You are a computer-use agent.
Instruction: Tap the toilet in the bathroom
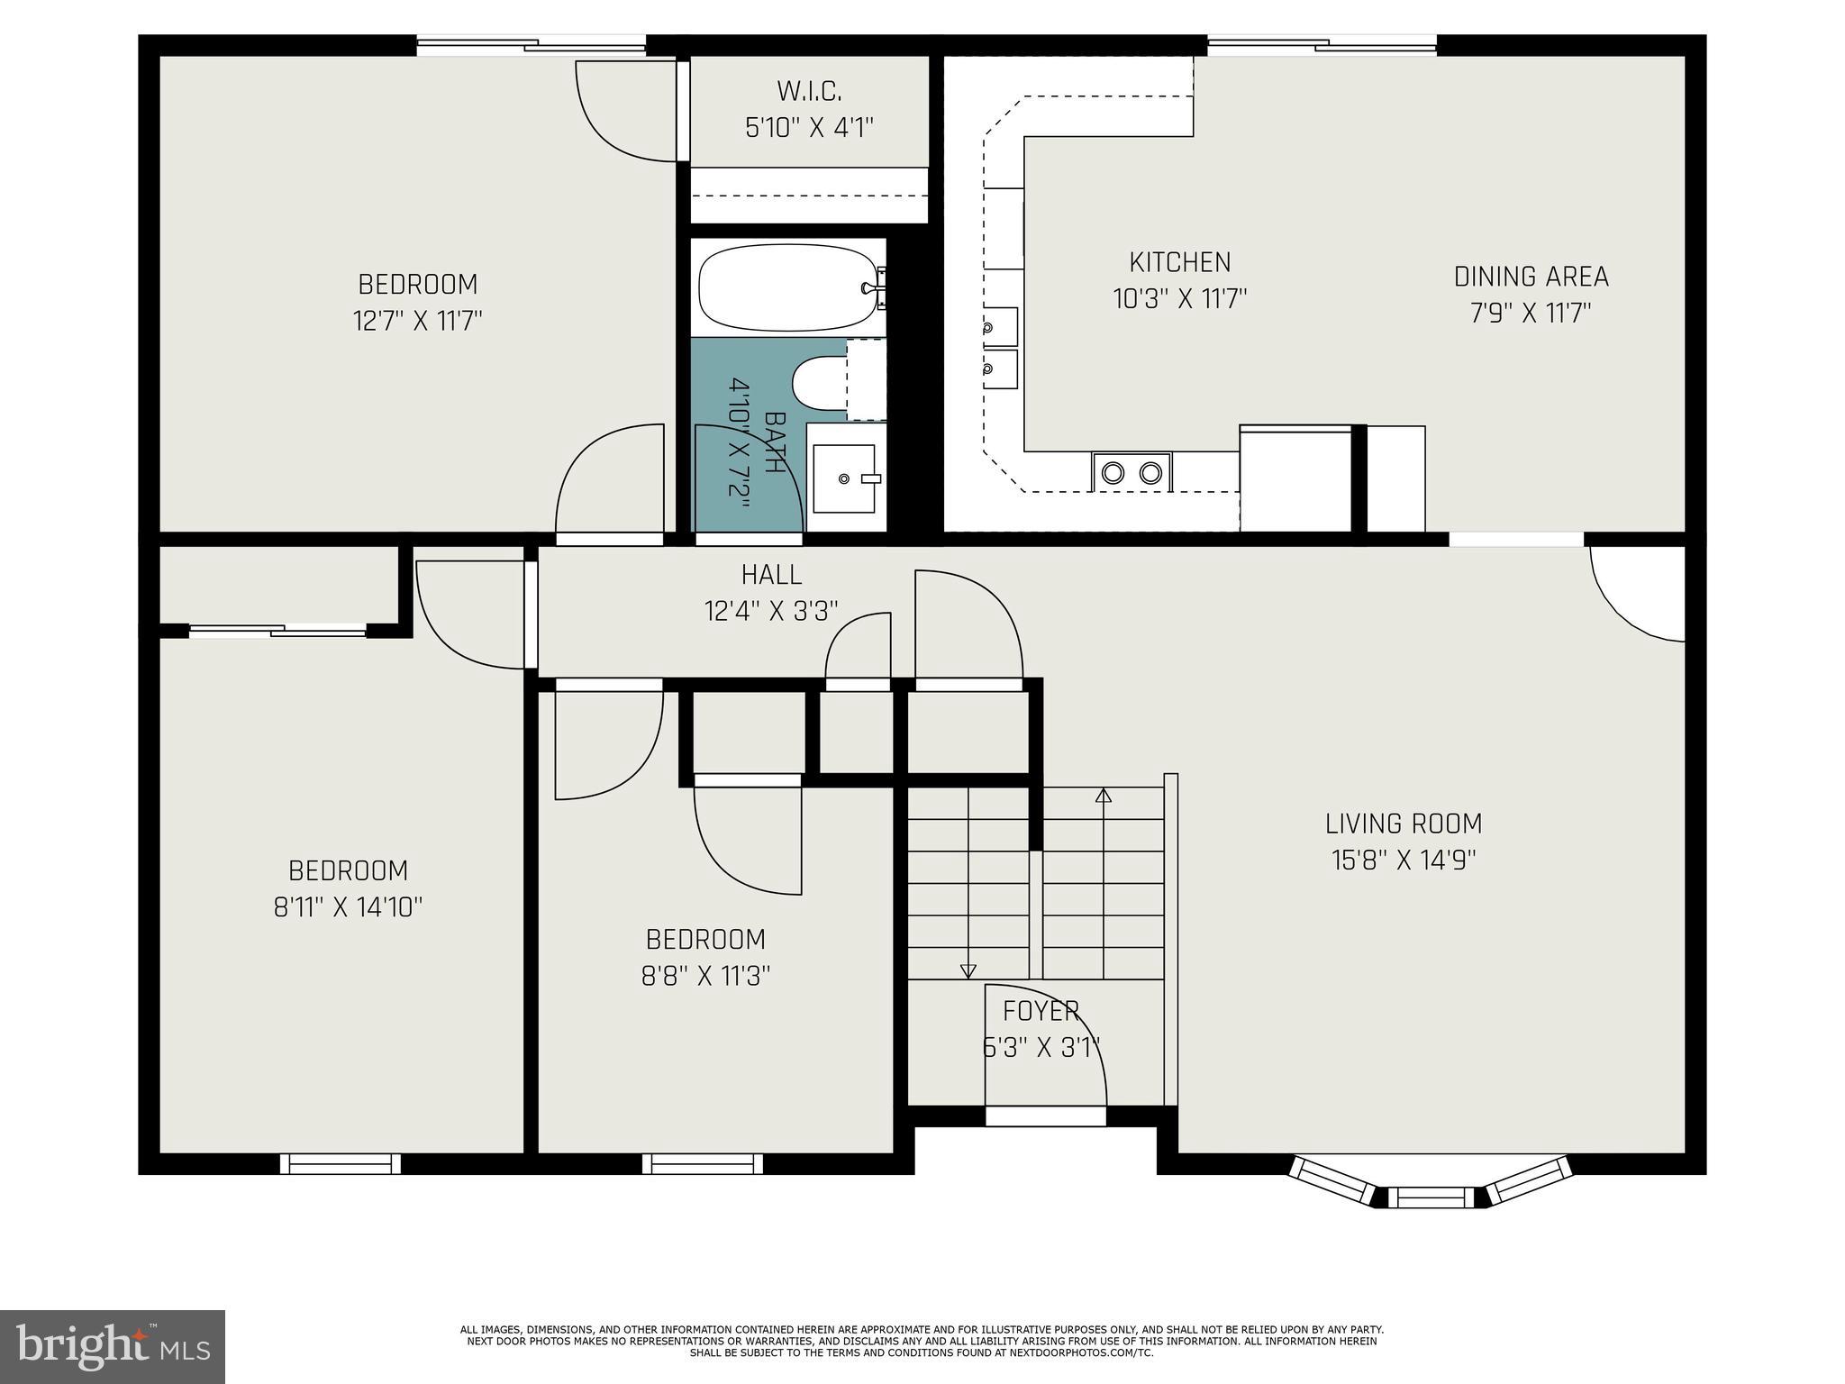[x=820, y=382]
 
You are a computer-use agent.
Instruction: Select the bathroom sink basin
[x=844, y=478]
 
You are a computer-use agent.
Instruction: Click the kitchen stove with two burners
[x=1132, y=472]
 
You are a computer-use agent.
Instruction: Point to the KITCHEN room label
[x=1179, y=262]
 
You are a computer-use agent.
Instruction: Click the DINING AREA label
[x=1531, y=277]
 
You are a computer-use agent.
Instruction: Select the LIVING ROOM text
[x=1403, y=824]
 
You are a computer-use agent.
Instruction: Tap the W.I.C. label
[x=809, y=91]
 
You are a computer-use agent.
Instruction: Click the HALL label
[x=771, y=574]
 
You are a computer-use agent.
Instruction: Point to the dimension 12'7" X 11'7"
[x=418, y=321]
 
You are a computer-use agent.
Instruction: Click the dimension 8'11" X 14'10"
[x=348, y=906]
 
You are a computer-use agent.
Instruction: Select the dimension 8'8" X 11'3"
[x=705, y=976]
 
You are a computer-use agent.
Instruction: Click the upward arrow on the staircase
[x=1103, y=795]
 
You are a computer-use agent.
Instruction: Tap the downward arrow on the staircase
[x=968, y=970]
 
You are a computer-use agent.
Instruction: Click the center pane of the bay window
[x=1430, y=1197]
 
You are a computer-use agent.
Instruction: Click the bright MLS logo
[x=113, y=1346]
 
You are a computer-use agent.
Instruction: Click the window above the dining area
[x=1322, y=45]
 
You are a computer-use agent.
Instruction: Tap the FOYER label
[x=1041, y=1011]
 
